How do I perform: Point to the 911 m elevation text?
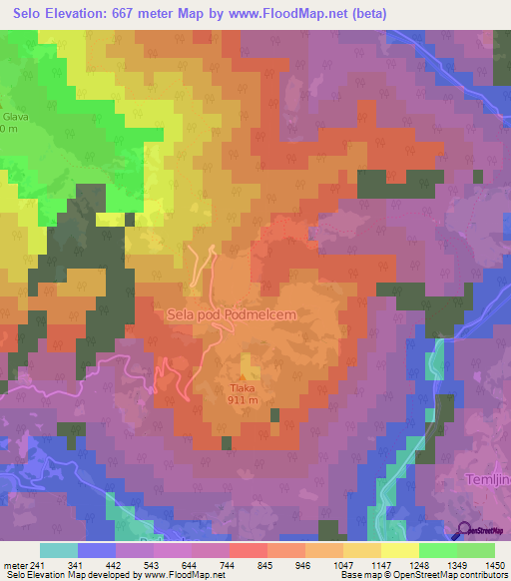tap(244, 401)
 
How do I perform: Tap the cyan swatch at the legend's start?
tap(59, 550)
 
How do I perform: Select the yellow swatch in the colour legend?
tap(400, 550)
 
